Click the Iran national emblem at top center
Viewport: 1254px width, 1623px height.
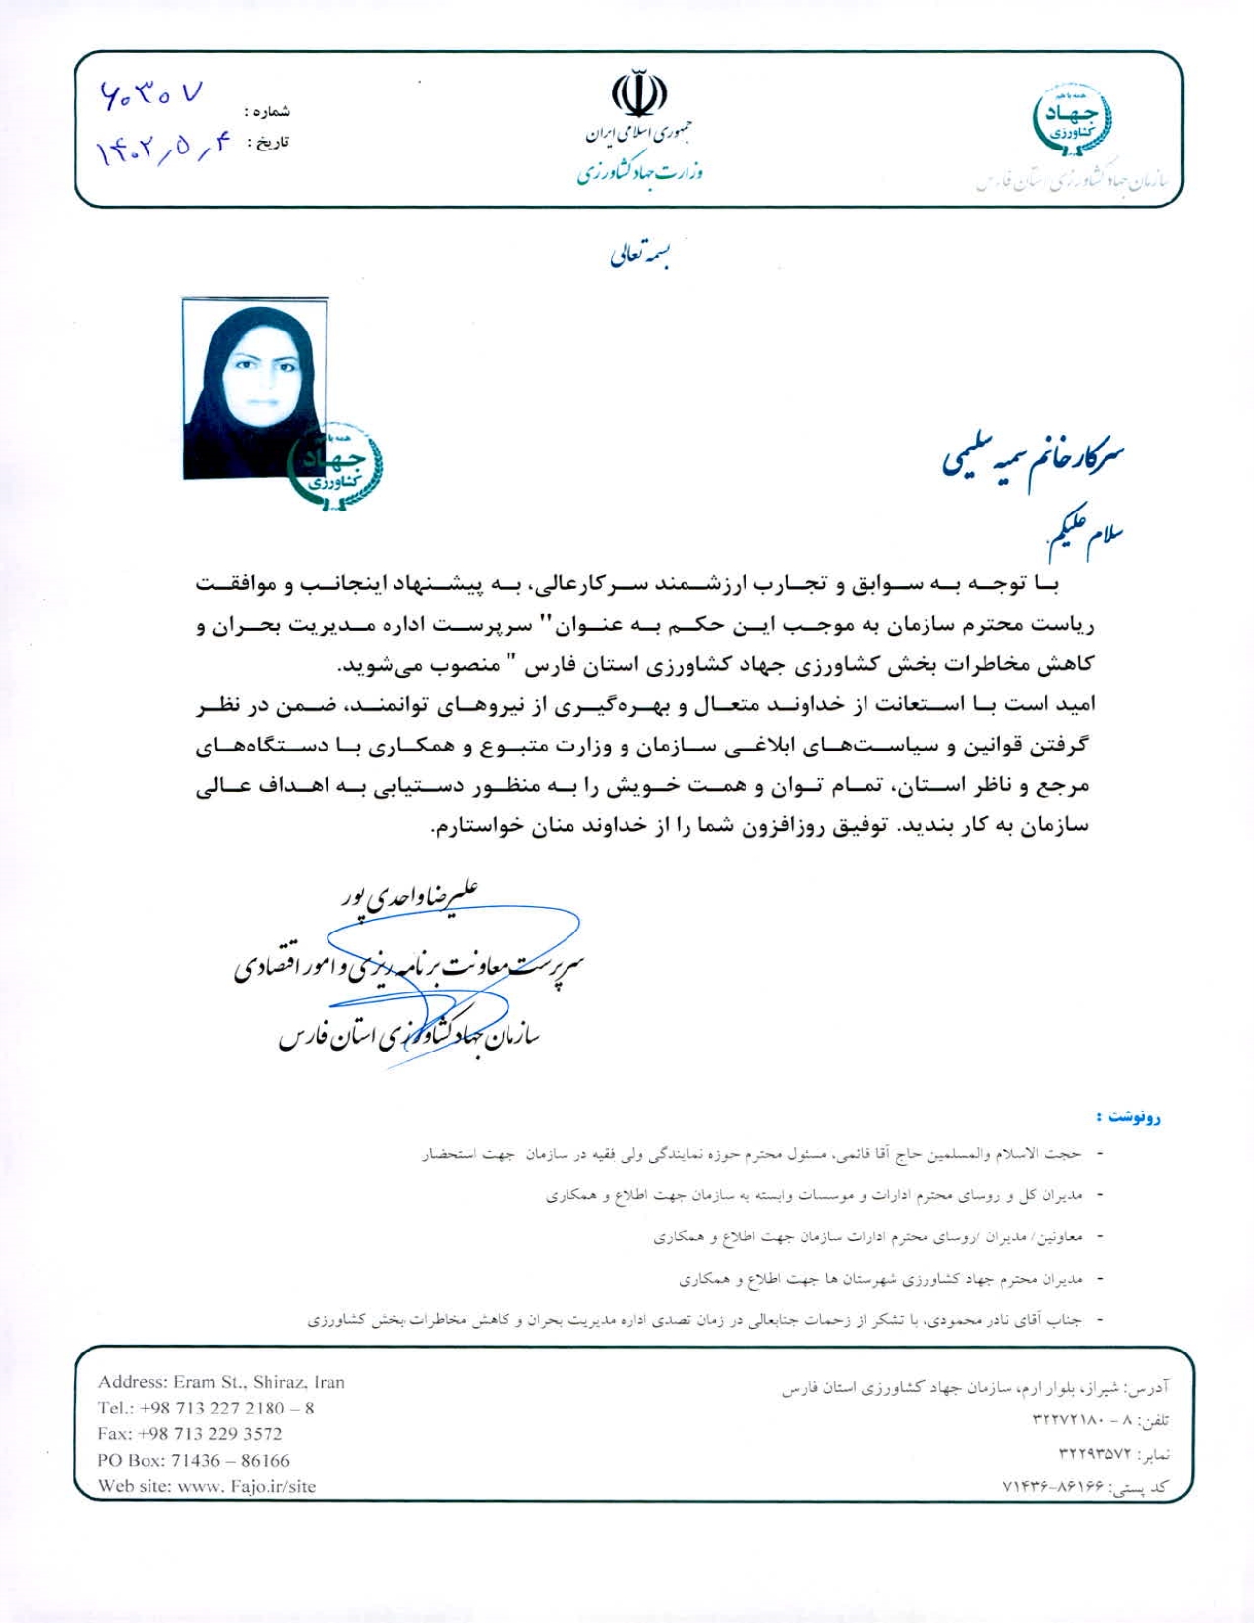coord(639,94)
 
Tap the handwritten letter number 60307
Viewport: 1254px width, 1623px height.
coord(152,95)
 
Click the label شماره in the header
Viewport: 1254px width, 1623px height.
coord(269,112)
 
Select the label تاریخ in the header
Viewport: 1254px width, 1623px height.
coord(269,144)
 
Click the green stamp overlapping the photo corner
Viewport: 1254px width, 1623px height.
coord(334,466)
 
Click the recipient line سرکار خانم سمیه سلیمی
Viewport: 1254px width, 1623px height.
coord(1033,458)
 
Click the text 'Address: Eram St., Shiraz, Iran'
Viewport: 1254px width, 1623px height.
coord(221,1382)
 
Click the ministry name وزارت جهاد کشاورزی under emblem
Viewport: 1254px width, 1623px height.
coord(639,173)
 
